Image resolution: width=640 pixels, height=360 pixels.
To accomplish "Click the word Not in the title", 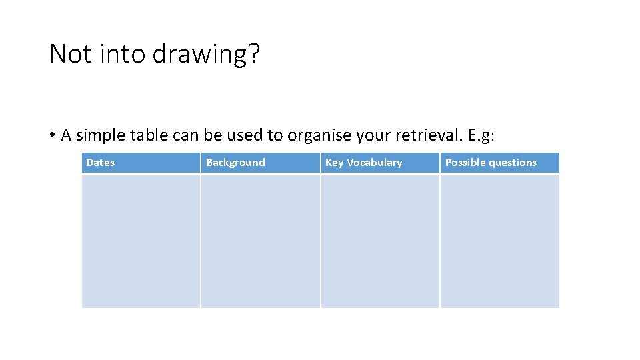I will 71,53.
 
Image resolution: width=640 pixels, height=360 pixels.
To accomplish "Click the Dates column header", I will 100,163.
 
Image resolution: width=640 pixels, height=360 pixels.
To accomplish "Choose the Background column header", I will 235,163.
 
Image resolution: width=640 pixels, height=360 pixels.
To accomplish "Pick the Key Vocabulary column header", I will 363,163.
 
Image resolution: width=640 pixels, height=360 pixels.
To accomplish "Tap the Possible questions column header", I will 491,163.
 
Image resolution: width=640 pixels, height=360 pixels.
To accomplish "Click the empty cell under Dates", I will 141,241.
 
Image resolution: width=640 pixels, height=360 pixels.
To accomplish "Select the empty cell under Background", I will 260,241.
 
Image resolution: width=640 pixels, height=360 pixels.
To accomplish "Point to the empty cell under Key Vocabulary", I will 380,241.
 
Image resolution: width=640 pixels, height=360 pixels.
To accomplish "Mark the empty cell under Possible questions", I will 499,241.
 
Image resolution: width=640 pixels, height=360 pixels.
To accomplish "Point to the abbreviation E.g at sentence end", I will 481,135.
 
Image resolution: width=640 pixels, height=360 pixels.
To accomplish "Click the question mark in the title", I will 253,53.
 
